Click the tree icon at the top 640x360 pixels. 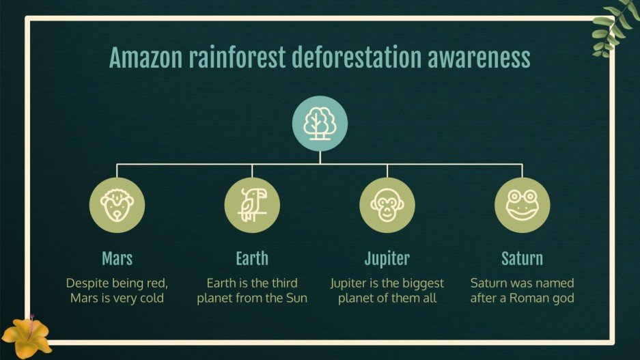[x=320, y=124]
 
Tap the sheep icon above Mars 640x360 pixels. [x=117, y=205]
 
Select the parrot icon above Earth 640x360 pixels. [x=251, y=205]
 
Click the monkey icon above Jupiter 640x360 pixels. [x=387, y=205]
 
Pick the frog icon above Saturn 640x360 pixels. [x=522, y=205]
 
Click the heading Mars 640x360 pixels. [x=117, y=258]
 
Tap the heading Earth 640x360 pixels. [x=251, y=258]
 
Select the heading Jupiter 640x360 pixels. [x=387, y=258]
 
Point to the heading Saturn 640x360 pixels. [x=522, y=258]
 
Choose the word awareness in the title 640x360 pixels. [x=479, y=58]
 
